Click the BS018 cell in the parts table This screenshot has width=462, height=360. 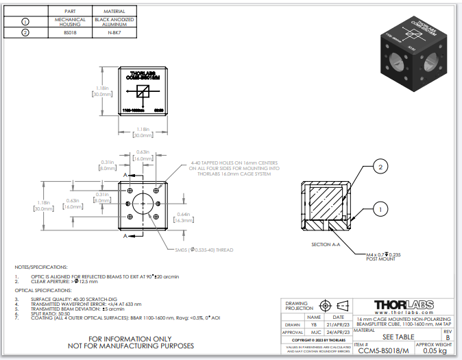pos(70,32)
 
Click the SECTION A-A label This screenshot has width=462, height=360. pos(326,245)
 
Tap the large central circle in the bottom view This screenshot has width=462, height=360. pos(143,204)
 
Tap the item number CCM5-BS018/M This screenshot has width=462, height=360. pos(384,350)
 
